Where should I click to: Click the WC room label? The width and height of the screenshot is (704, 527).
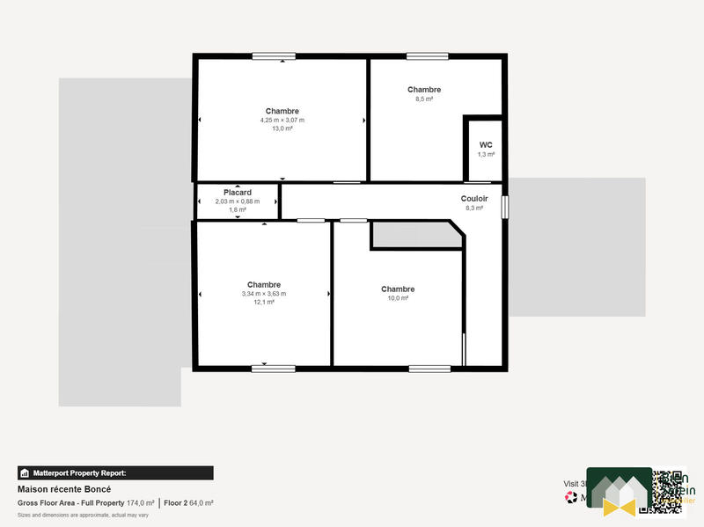[486, 145]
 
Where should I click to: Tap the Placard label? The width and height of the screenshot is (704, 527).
[238, 193]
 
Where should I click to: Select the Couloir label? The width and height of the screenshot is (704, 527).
[474, 199]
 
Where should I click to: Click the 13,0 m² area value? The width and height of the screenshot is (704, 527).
[282, 128]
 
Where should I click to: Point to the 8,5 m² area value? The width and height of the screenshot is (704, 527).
[424, 99]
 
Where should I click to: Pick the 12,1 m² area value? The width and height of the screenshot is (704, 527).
[264, 302]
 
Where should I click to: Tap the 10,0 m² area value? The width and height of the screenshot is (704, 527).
[398, 298]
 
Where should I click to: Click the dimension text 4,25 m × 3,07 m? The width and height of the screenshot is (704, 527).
[282, 120]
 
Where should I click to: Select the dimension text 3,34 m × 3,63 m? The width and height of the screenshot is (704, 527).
[264, 294]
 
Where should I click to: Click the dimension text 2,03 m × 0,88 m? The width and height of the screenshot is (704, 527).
[238, 201]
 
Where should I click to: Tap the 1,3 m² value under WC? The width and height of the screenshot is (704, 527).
[486, 154]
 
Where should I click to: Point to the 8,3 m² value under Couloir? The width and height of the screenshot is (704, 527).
[474, 209]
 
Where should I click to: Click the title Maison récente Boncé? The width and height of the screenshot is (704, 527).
[64, 489]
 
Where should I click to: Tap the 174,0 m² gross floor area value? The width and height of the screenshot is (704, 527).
[141, 503]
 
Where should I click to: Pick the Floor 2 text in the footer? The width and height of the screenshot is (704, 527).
[177, 503]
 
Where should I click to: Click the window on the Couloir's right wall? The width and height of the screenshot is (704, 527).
[505, 207]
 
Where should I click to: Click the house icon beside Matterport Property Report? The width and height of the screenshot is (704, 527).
[25, 473]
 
